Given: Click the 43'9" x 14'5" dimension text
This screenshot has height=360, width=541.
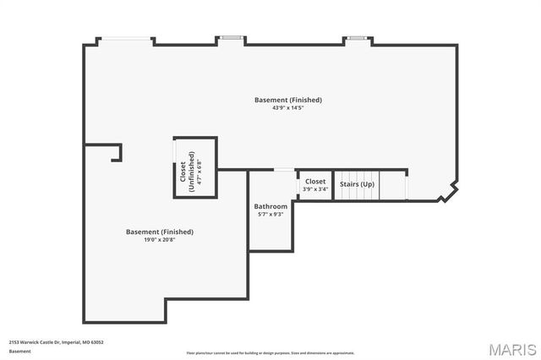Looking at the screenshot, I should pos(288,108).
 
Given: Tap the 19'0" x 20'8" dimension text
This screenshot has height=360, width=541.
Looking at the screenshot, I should pos(160,240).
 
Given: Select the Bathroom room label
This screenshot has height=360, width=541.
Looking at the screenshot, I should pos(270,206).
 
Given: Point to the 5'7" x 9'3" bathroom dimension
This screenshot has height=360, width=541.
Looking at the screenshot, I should pos(270,215).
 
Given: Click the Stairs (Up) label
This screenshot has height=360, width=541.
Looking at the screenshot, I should pos(357,184).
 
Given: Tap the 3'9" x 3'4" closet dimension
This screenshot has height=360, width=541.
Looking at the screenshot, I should pos(315,189).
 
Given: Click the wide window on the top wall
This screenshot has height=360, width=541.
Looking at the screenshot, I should pos(128,39).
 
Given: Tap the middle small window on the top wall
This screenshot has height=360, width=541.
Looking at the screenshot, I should pos(231,38).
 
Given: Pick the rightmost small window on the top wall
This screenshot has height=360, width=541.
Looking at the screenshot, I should pos(358,38).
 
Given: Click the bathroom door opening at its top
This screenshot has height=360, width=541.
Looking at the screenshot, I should pos(284,171).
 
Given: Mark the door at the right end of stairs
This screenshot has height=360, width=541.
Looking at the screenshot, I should pos(407,185).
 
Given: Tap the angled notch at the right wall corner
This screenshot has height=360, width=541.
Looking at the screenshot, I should pos(448,193).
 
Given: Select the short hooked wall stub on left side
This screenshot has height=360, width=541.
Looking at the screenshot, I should pos(116,152).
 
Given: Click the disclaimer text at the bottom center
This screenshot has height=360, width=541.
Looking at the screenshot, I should pos(270,353).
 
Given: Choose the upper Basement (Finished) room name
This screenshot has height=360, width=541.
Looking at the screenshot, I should pos(288,100).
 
